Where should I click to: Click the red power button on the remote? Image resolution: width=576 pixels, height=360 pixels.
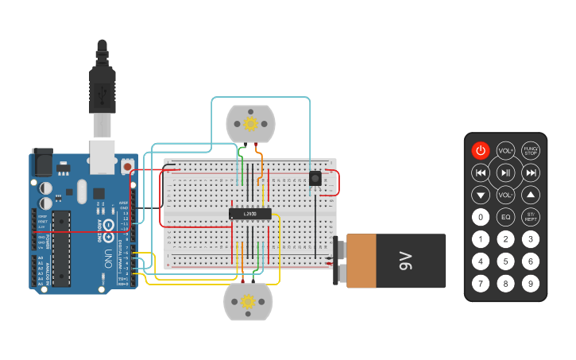481,150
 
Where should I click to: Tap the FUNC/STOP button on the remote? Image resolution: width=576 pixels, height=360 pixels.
531,150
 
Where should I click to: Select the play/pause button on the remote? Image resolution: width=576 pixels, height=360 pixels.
506,172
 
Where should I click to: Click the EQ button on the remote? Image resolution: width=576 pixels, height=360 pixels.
506,217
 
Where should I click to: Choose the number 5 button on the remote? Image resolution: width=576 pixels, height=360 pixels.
506,261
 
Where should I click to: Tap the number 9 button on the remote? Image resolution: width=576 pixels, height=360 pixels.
531,283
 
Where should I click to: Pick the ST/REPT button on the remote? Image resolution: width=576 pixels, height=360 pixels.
531,217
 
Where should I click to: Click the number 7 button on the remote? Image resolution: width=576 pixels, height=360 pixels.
481,283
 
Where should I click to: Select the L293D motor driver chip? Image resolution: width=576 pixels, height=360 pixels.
249,213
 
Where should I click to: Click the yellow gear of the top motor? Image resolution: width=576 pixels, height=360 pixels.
251,124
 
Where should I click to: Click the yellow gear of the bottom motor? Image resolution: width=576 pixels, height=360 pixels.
248,301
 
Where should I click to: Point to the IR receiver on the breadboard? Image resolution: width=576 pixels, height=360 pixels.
315,179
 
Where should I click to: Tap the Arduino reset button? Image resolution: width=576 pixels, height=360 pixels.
127,168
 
